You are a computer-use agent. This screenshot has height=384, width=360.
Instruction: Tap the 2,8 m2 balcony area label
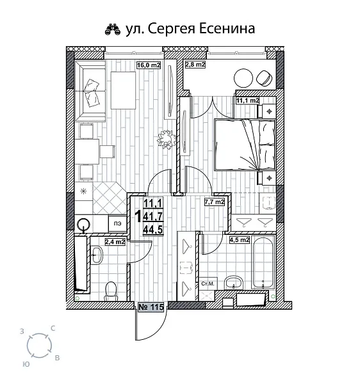195,65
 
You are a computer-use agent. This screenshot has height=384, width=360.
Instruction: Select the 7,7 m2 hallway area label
214,202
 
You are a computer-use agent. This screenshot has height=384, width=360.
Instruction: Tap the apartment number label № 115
152,307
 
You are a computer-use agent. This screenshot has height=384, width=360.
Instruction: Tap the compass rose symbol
39,346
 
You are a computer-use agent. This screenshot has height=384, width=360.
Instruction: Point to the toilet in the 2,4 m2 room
111,290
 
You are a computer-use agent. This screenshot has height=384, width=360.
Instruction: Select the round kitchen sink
83,224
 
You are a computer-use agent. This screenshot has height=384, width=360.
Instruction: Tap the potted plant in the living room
166,139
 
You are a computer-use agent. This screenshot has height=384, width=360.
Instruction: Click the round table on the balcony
244,79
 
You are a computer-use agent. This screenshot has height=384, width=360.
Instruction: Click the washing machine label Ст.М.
208,283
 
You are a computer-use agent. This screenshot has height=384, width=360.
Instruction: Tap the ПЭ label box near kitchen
117,223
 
